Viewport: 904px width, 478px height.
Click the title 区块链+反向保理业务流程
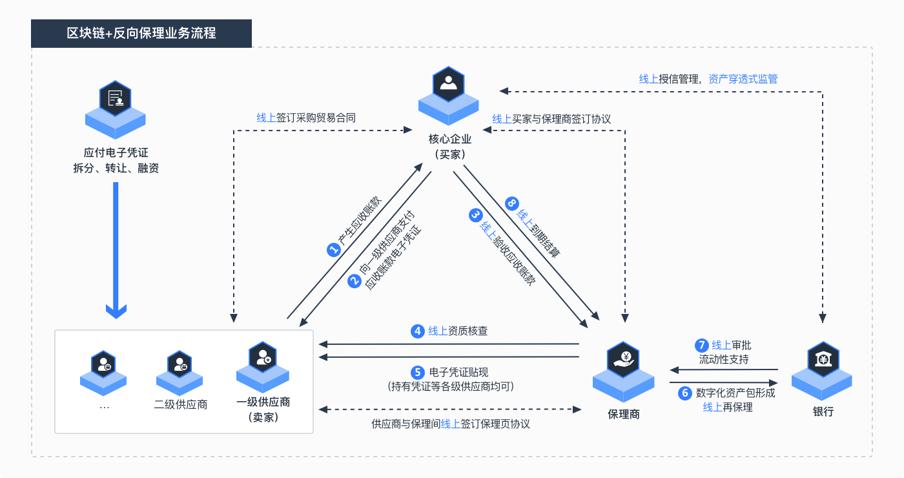141,33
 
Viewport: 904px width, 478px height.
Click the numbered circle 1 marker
333,251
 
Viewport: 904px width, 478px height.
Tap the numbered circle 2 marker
354,280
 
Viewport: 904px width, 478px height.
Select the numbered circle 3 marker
476,215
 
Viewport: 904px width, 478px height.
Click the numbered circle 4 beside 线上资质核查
418,331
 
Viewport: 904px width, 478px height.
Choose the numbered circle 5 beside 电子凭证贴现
418,372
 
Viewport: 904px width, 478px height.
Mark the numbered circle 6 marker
685,393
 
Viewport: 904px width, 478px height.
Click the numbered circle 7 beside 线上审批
701,345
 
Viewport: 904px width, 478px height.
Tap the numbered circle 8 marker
512,203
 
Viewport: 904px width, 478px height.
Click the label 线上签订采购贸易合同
306,118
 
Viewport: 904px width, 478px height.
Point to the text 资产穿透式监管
743,79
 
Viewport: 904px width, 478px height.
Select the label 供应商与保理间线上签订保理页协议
450,424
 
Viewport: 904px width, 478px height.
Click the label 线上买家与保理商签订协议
551,119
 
